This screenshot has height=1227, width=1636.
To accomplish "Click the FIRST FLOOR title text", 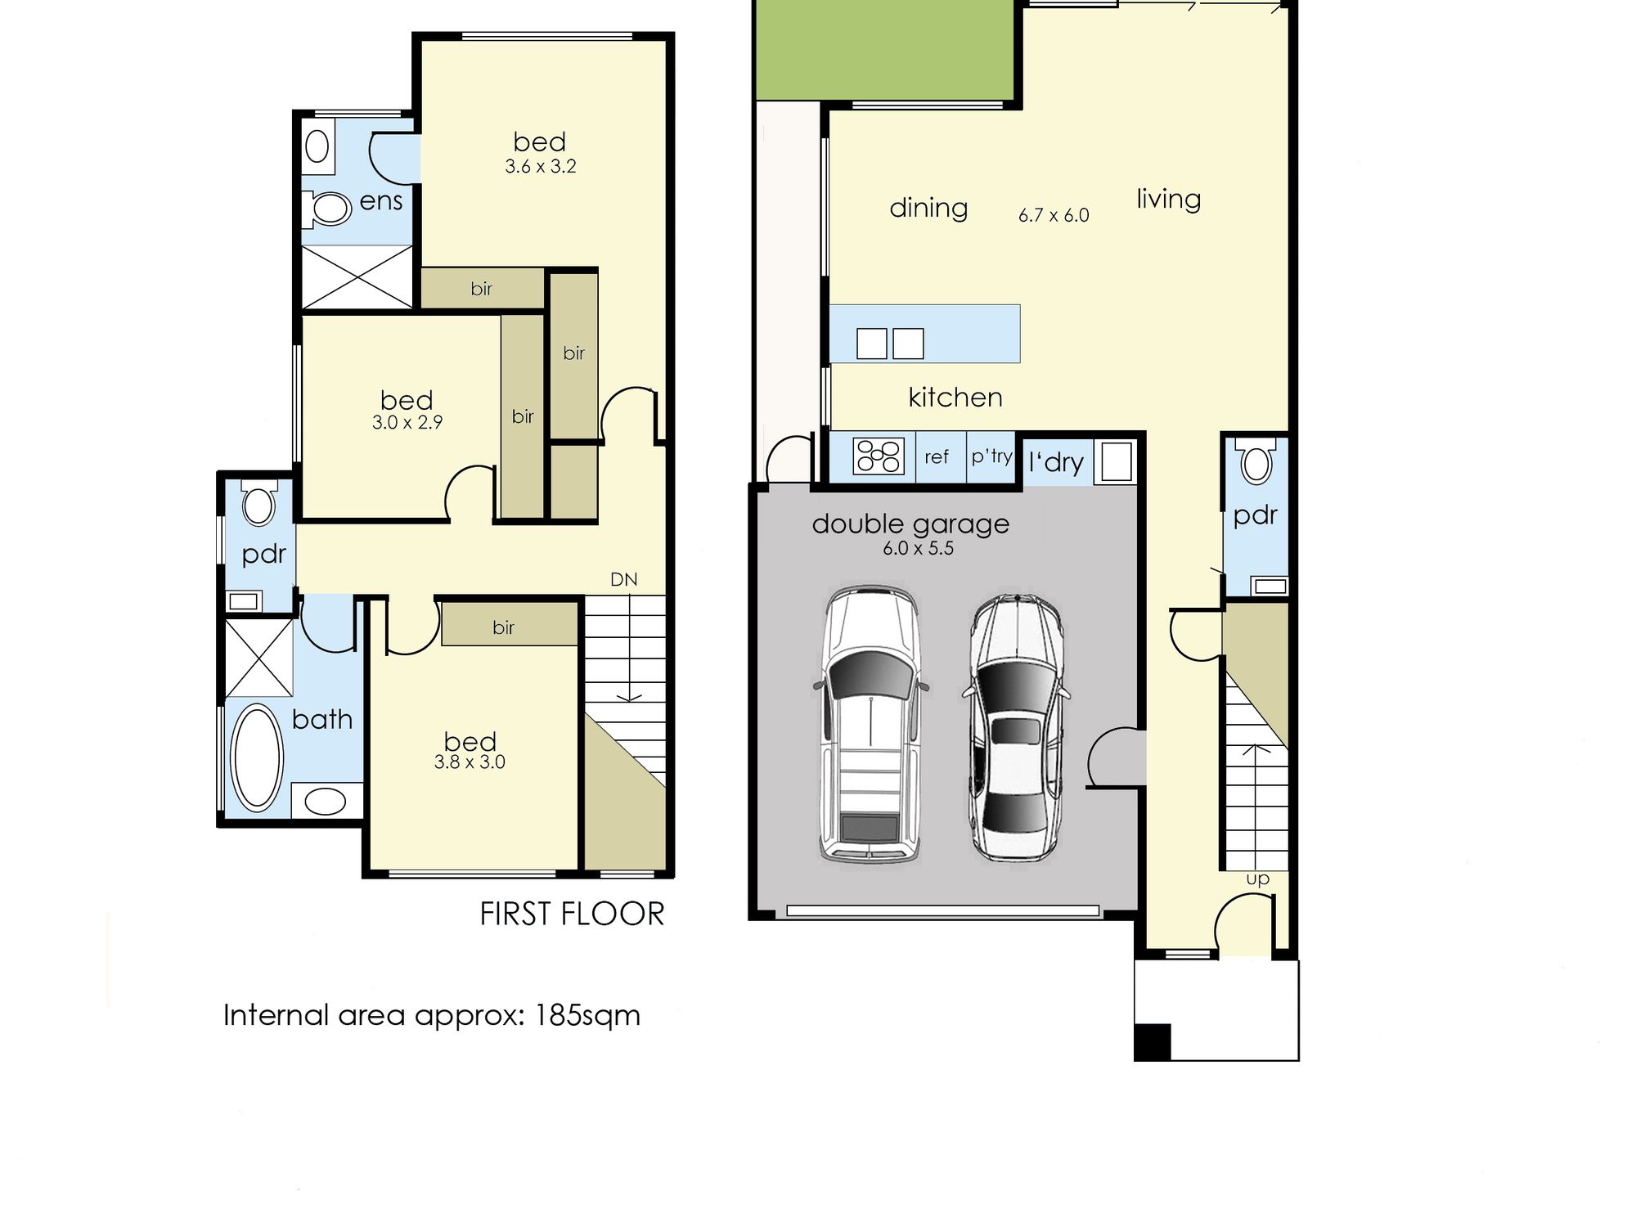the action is pos(572,914).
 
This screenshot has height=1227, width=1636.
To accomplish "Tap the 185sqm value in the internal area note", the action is pos(587,1016).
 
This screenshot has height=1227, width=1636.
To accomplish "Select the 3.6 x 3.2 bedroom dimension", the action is pos(541,167).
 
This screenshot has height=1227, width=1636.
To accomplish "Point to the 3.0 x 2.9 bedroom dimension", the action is pos(407,423).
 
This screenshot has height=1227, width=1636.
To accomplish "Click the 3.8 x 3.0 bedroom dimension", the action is pos(470,762).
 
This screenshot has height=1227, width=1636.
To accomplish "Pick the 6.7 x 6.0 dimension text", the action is pos(1054,215).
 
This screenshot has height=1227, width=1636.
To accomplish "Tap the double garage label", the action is pos(910,524).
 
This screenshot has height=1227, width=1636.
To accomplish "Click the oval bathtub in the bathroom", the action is pos(257,757).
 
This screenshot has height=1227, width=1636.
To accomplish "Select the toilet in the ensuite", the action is pos(328,208).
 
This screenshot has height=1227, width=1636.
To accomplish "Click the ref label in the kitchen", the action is pos(937,457).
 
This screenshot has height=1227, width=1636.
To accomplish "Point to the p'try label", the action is pos(991,456).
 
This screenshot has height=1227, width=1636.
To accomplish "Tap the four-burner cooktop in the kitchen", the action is pos(879,456).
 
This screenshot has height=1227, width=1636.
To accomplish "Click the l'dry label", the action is pos(1056,463).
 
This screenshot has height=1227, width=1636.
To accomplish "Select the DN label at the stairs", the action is pos(624,580).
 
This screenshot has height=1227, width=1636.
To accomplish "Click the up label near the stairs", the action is pos(1257,879).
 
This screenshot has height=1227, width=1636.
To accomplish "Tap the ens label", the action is pos(381,201).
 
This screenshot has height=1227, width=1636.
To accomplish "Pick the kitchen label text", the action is pos(955,398).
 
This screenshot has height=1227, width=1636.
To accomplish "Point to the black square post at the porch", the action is pos(1153,1043).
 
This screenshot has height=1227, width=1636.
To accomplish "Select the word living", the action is pos(1169,200).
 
